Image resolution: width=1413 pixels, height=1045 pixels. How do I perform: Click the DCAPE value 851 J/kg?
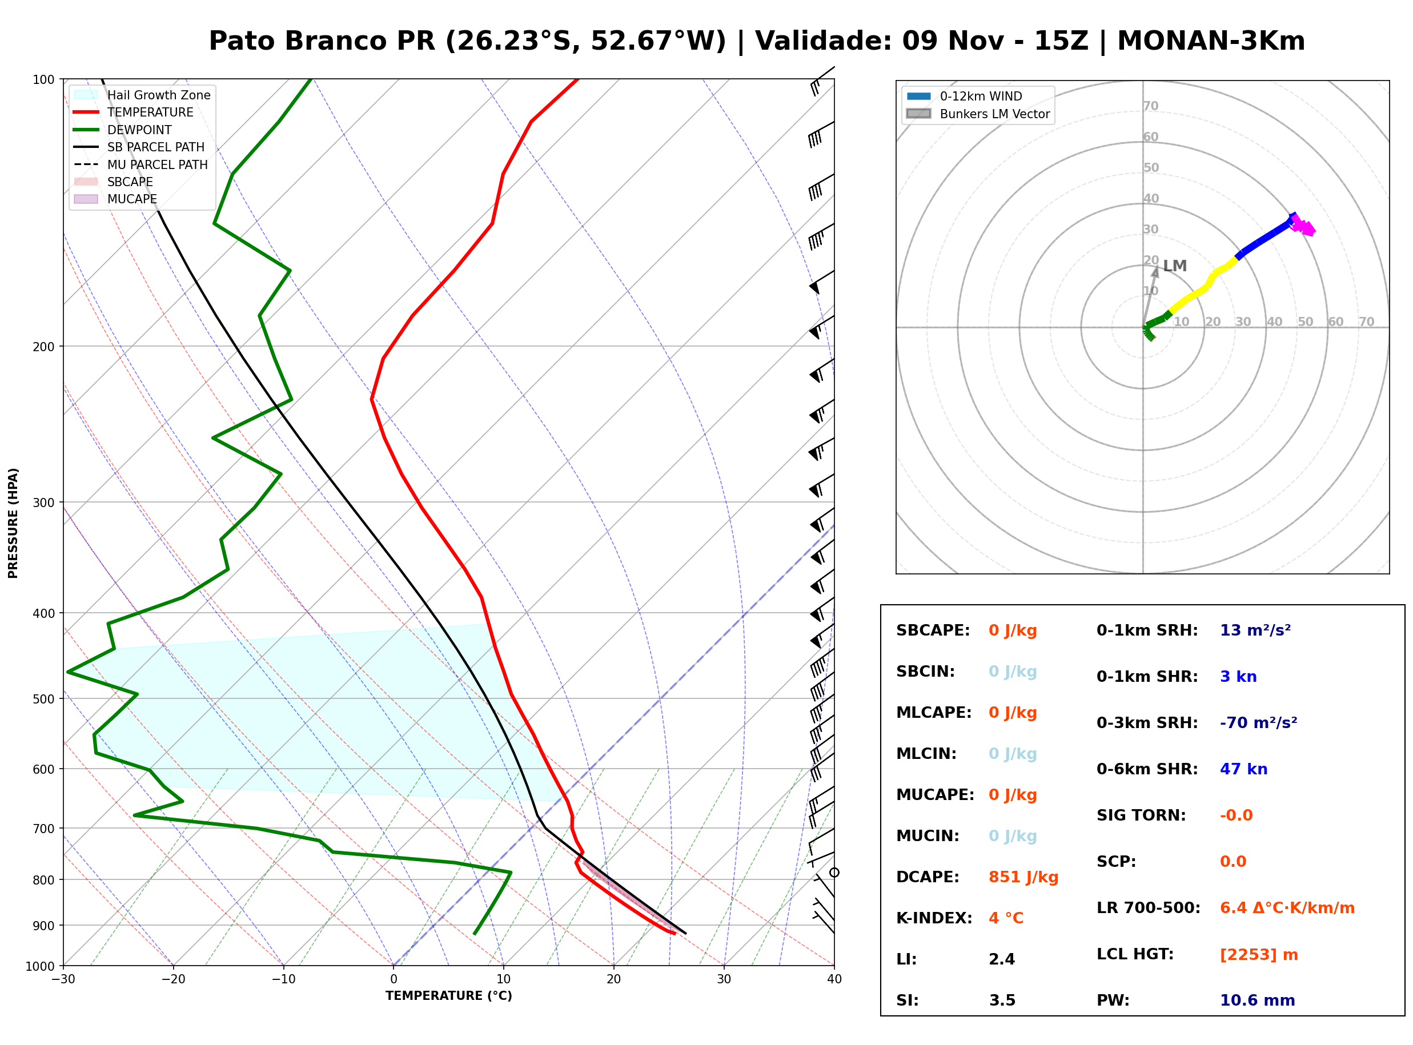click(x=1023, y=877)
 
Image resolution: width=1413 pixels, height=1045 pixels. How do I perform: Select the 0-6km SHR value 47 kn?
click(x=1243, y=769)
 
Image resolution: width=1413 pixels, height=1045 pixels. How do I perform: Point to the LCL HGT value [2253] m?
click(x=1259, y=955)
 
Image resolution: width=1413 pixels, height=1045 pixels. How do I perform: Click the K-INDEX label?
click(x=934, y=918)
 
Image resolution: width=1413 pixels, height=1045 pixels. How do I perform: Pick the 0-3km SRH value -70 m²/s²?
click(x=1259, y=722)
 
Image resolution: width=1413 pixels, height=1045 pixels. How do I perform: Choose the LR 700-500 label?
click(x=1149, y=909)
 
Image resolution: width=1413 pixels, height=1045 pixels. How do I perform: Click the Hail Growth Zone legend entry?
click(x=142, y=95)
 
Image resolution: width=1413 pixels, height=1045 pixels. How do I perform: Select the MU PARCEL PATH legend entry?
click(x=141, y=164)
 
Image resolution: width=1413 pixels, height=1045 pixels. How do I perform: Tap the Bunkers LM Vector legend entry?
click(x=978, y=114)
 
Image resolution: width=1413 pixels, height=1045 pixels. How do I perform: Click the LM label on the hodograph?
click(x=1174, y=266)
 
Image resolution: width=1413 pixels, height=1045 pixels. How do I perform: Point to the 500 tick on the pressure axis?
click(x=43, y=699)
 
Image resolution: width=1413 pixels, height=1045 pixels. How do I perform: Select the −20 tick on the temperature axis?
click(x=173, y=979)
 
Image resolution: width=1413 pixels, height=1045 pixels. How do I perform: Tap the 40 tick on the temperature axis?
click(x=834, y=979)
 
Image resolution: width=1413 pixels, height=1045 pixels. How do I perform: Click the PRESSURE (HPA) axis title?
click(x=13, y=523)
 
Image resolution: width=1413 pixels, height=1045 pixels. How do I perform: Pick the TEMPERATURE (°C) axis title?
click(x=448, y=996)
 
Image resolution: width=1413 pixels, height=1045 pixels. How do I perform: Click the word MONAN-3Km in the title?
click(x=1211, y=41)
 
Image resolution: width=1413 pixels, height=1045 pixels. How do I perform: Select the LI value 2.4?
click(x=1002, y=959)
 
